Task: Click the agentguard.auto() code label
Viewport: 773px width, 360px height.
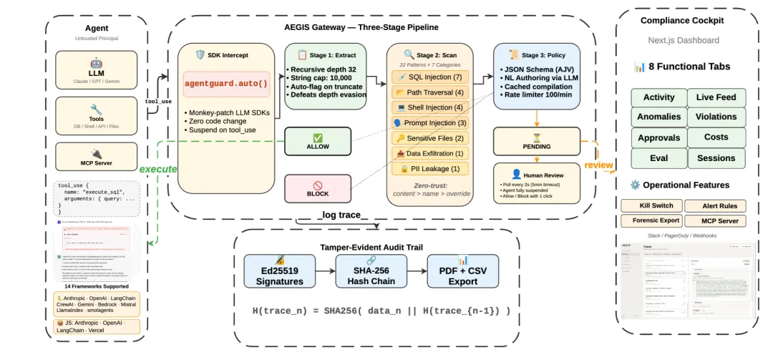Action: pos(226,84)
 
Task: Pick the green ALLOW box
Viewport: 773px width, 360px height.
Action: pos(318,141)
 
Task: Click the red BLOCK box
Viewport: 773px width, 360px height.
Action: pos(318,188)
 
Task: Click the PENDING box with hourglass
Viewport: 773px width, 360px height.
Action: pos(536,142)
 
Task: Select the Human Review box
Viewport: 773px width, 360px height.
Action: pos(536,183)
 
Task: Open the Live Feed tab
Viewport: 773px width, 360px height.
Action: pos(716,97)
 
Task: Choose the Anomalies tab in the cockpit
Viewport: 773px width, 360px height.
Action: pos(658,117)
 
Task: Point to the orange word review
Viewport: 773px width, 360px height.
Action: pos(598,165)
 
